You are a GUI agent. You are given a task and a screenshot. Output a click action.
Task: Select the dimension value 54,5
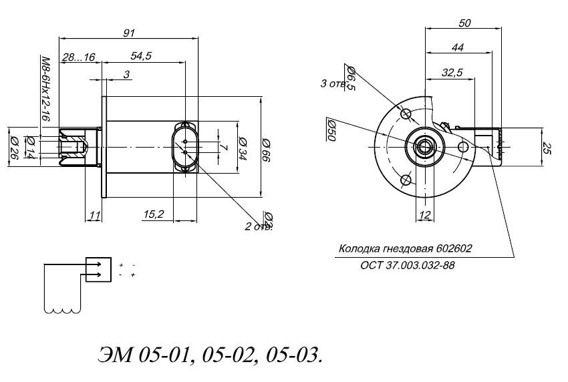pos(142,57)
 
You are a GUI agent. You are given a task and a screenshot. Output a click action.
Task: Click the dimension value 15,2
pos(153,214)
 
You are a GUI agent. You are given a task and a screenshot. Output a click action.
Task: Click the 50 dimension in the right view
pos(465,23)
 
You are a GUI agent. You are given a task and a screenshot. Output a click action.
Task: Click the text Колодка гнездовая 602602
pos(406,248)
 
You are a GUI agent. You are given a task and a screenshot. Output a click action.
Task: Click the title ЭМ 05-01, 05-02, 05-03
pos(210,353)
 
